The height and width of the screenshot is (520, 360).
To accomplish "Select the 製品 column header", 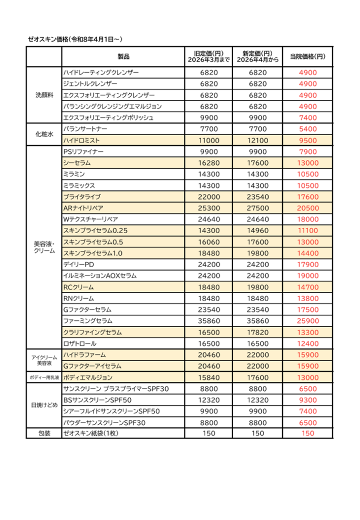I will [123, 56].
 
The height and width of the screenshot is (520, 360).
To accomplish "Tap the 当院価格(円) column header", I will [308, 56].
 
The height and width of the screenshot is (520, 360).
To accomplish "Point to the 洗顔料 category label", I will [44, 95].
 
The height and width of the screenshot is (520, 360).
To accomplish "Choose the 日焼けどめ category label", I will [44, 406].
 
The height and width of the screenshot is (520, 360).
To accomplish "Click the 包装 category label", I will [44, 434].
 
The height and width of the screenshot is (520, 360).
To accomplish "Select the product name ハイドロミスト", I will [81, 141].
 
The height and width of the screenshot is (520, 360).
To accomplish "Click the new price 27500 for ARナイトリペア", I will [257, 208].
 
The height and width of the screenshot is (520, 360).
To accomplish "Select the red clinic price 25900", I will [308, 321].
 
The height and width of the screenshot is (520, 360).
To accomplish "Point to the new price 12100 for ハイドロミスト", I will [257, 141].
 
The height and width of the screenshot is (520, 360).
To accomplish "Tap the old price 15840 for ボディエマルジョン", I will [209, 378].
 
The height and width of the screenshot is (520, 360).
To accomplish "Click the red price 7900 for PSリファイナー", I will [308, 152].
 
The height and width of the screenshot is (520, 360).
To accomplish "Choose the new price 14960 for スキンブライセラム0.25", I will [257, 231].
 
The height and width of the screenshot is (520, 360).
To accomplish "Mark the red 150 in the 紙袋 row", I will [308, 434].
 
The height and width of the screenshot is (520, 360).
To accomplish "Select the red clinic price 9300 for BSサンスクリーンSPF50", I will [308, 400].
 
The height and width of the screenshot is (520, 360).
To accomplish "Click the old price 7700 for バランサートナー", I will [209, 129].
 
